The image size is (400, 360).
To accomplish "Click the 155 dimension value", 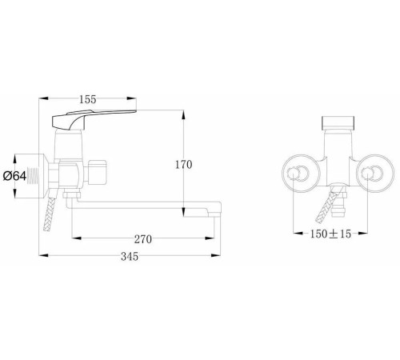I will [x=88, y=99].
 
